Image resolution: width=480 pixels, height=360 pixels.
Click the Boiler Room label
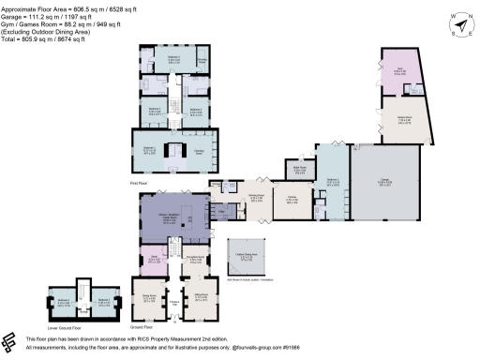pyautogui.click(x=300, y=169)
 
